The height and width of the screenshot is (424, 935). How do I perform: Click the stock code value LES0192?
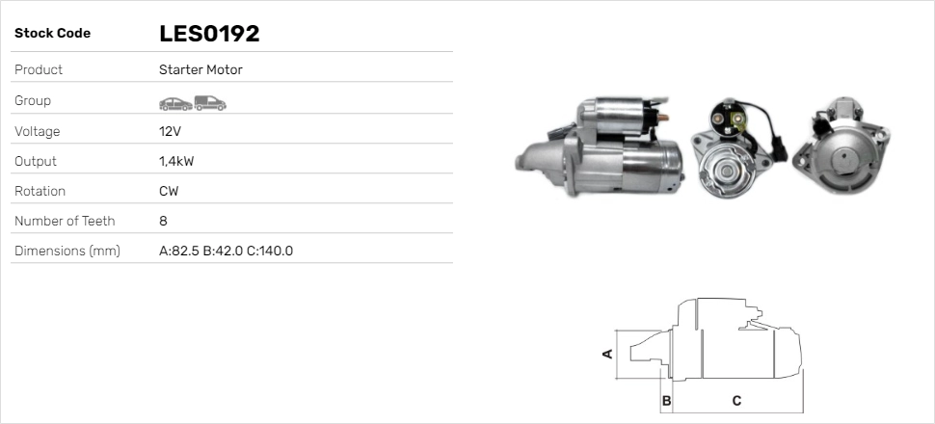coord(209,34)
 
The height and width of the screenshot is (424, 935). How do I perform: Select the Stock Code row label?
coord(52,34)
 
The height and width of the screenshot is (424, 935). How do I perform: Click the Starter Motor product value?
coord(200,69)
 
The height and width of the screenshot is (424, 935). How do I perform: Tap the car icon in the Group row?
coord(174,102)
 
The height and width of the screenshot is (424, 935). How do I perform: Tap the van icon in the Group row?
coord(209,102)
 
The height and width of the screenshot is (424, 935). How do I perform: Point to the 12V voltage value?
coord(170,131)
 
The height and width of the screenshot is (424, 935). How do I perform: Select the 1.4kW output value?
coord(175,161)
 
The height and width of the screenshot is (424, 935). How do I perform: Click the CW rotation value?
coord(169,191)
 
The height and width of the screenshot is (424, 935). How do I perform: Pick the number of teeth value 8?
coord(163,221)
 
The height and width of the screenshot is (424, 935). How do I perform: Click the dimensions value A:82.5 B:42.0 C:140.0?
coord(226,251)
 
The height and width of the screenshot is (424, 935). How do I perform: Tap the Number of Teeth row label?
coord(65,221)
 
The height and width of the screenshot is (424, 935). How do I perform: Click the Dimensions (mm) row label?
coord(67,251)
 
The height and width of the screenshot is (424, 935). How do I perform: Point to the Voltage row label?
coord(37,131)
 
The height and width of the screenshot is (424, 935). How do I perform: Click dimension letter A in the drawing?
coord(607,354)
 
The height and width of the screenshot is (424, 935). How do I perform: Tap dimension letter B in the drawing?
coord(665,400)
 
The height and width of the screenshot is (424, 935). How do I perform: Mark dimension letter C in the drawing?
coord(736,400)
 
